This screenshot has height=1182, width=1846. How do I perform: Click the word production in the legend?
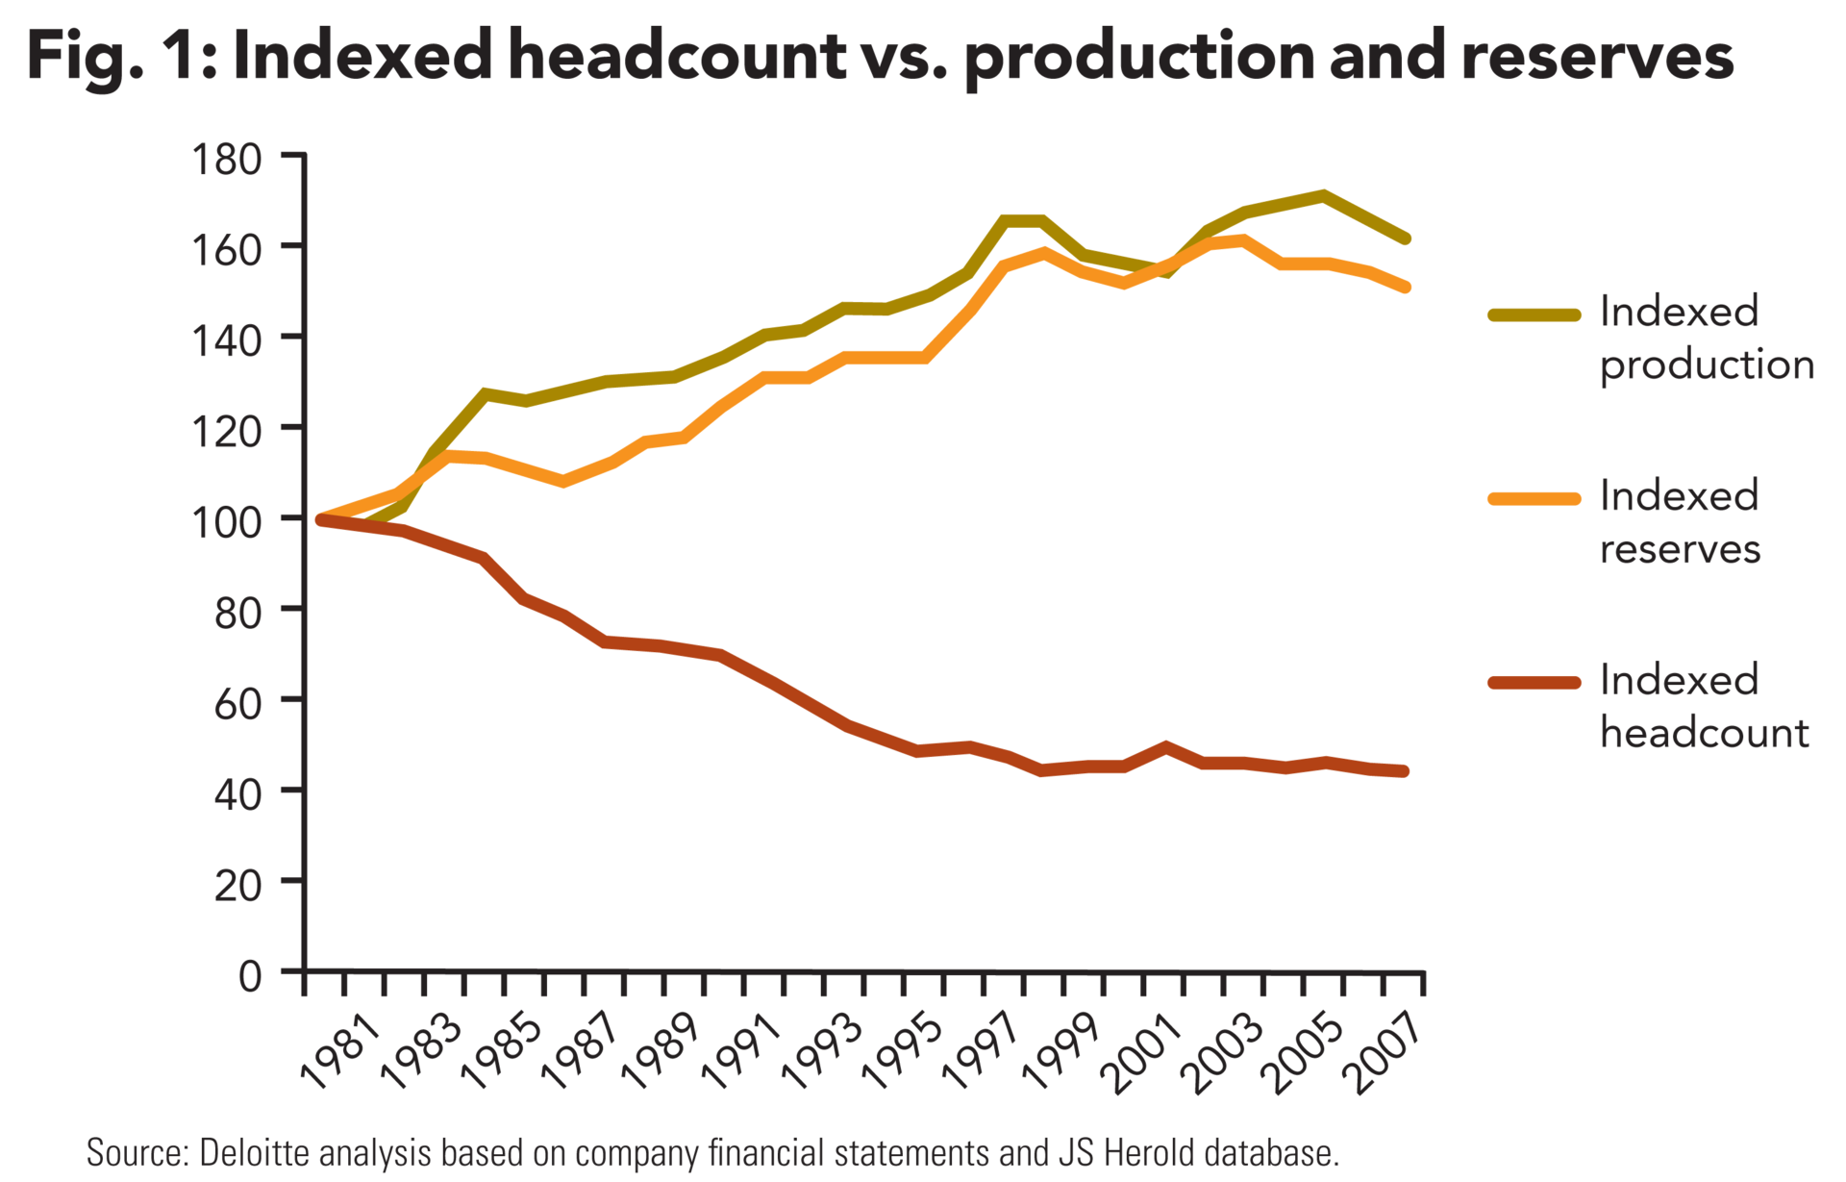coord(1707,366)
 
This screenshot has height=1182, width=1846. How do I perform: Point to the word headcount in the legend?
coord(1705,734)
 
